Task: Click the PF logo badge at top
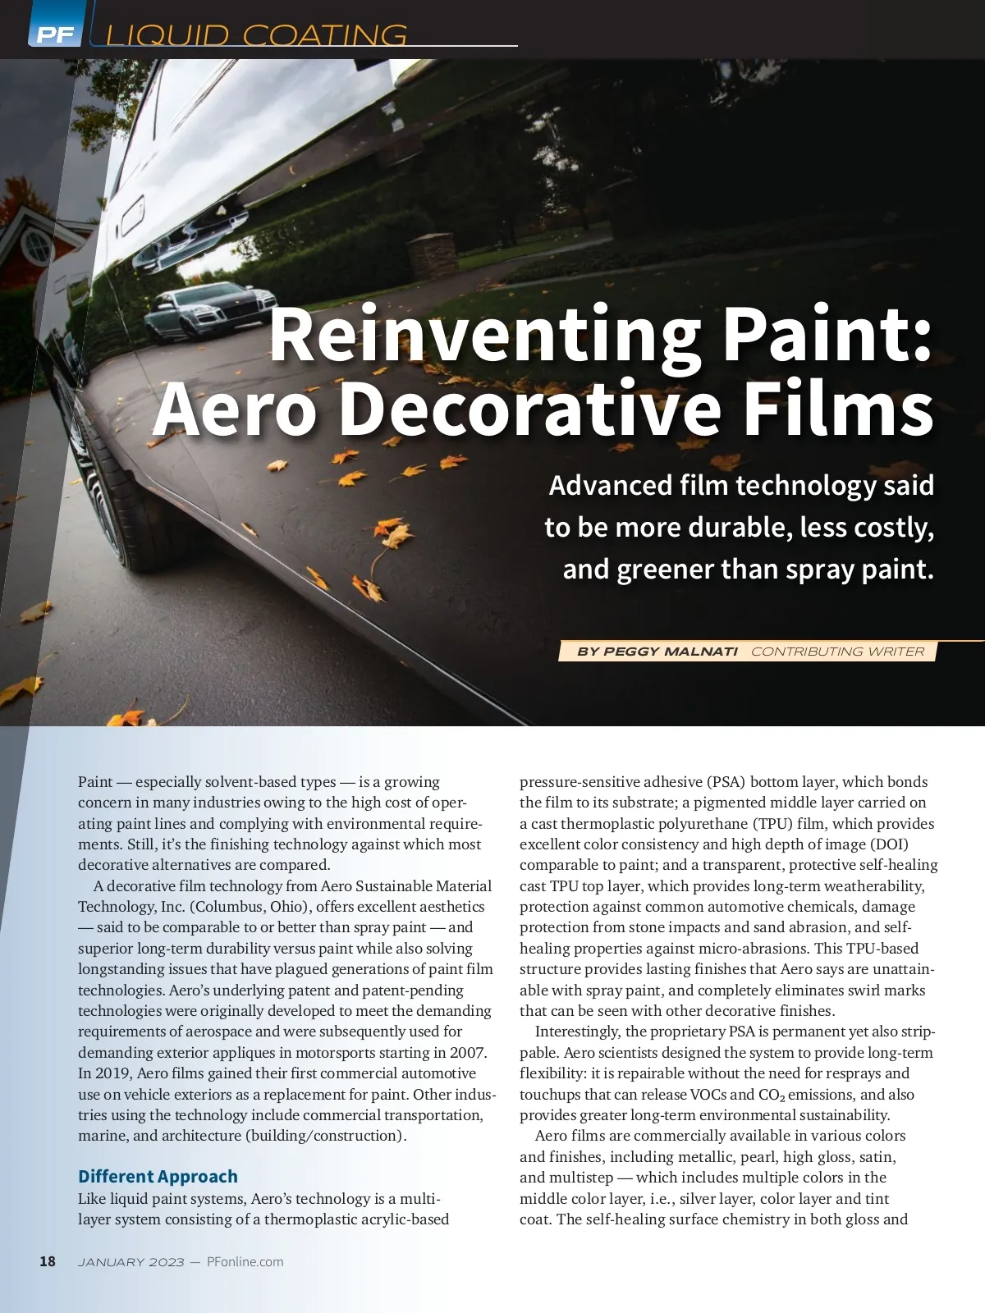(x=55, y=34)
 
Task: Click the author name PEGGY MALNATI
(x=657, y=652)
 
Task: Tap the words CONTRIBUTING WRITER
(x=837, y=652)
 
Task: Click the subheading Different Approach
(x=158, y=1176)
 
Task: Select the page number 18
(x=48, y=1261)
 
